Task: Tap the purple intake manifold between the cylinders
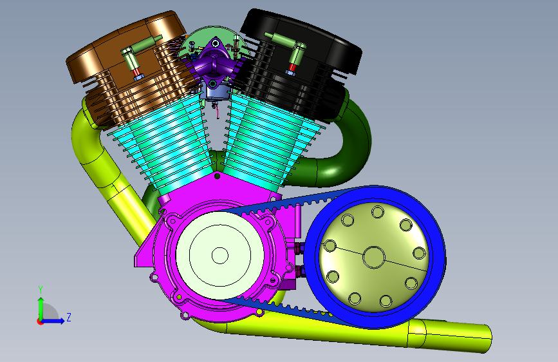214,64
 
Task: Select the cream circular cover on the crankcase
220,255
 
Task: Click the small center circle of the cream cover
220,256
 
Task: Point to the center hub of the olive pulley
374,257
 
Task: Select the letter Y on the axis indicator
41,289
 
